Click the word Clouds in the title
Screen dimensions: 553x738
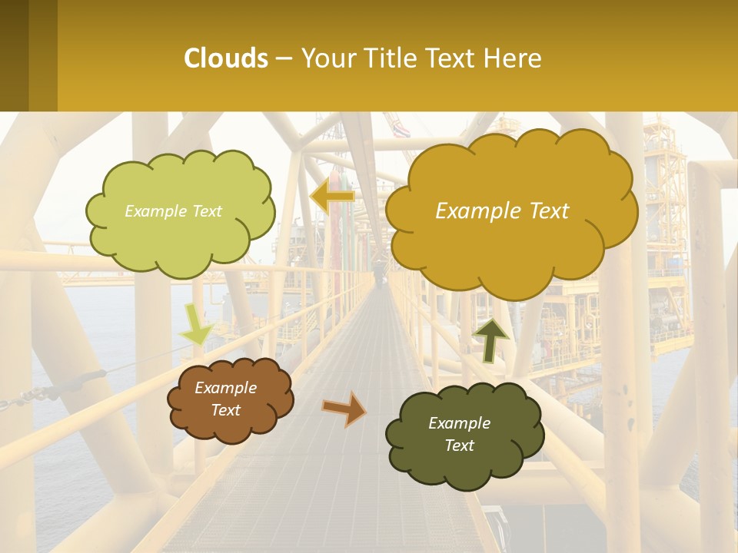[x=226, y=58]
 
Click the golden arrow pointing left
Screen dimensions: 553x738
[x=332, y=197]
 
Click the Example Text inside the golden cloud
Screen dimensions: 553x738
[x=502, y=211]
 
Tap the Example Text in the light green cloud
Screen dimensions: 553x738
[x=173, y=211]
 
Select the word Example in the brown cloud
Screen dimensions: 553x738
[x=225, y=388]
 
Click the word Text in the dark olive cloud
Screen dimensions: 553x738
[x=459, y=445]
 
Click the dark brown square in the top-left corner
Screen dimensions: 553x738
[x=28, y=55]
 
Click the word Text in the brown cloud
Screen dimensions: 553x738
[x=225, y=410]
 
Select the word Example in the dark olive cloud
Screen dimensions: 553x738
[x=459, y=423]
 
